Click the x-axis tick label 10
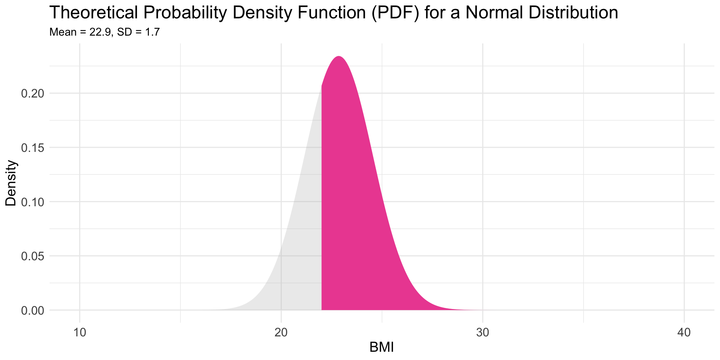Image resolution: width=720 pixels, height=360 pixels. pos(79,333)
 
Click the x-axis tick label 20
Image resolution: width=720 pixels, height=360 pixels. pos(281,333)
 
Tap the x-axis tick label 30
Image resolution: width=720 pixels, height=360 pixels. pos(483,333)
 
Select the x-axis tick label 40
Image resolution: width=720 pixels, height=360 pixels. pos(684,333)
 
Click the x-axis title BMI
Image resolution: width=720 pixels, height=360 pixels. pos(381,348)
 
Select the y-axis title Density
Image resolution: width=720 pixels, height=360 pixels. pos(11,183)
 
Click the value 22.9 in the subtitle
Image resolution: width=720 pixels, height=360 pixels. pos(100,32)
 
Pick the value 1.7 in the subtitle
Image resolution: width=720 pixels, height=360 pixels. pos(152,32)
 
